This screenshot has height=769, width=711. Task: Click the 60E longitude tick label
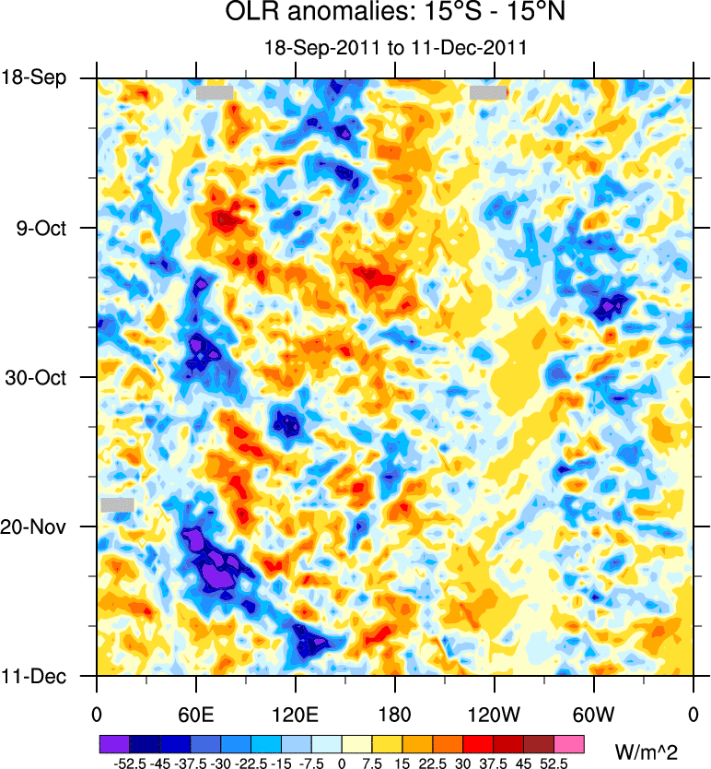196,715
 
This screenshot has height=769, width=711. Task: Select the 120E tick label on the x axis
295,715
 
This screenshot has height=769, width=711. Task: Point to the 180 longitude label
394,715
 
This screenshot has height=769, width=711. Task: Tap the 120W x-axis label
494,715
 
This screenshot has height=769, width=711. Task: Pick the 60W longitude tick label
593,715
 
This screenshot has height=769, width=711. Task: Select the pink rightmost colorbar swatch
568,742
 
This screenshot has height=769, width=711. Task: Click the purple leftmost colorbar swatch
113,742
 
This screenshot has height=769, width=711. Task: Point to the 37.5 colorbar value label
493,763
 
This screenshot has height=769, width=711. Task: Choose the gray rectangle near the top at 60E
214,92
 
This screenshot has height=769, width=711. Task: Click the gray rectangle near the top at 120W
488,92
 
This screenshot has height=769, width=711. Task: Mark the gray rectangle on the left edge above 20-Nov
117,504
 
